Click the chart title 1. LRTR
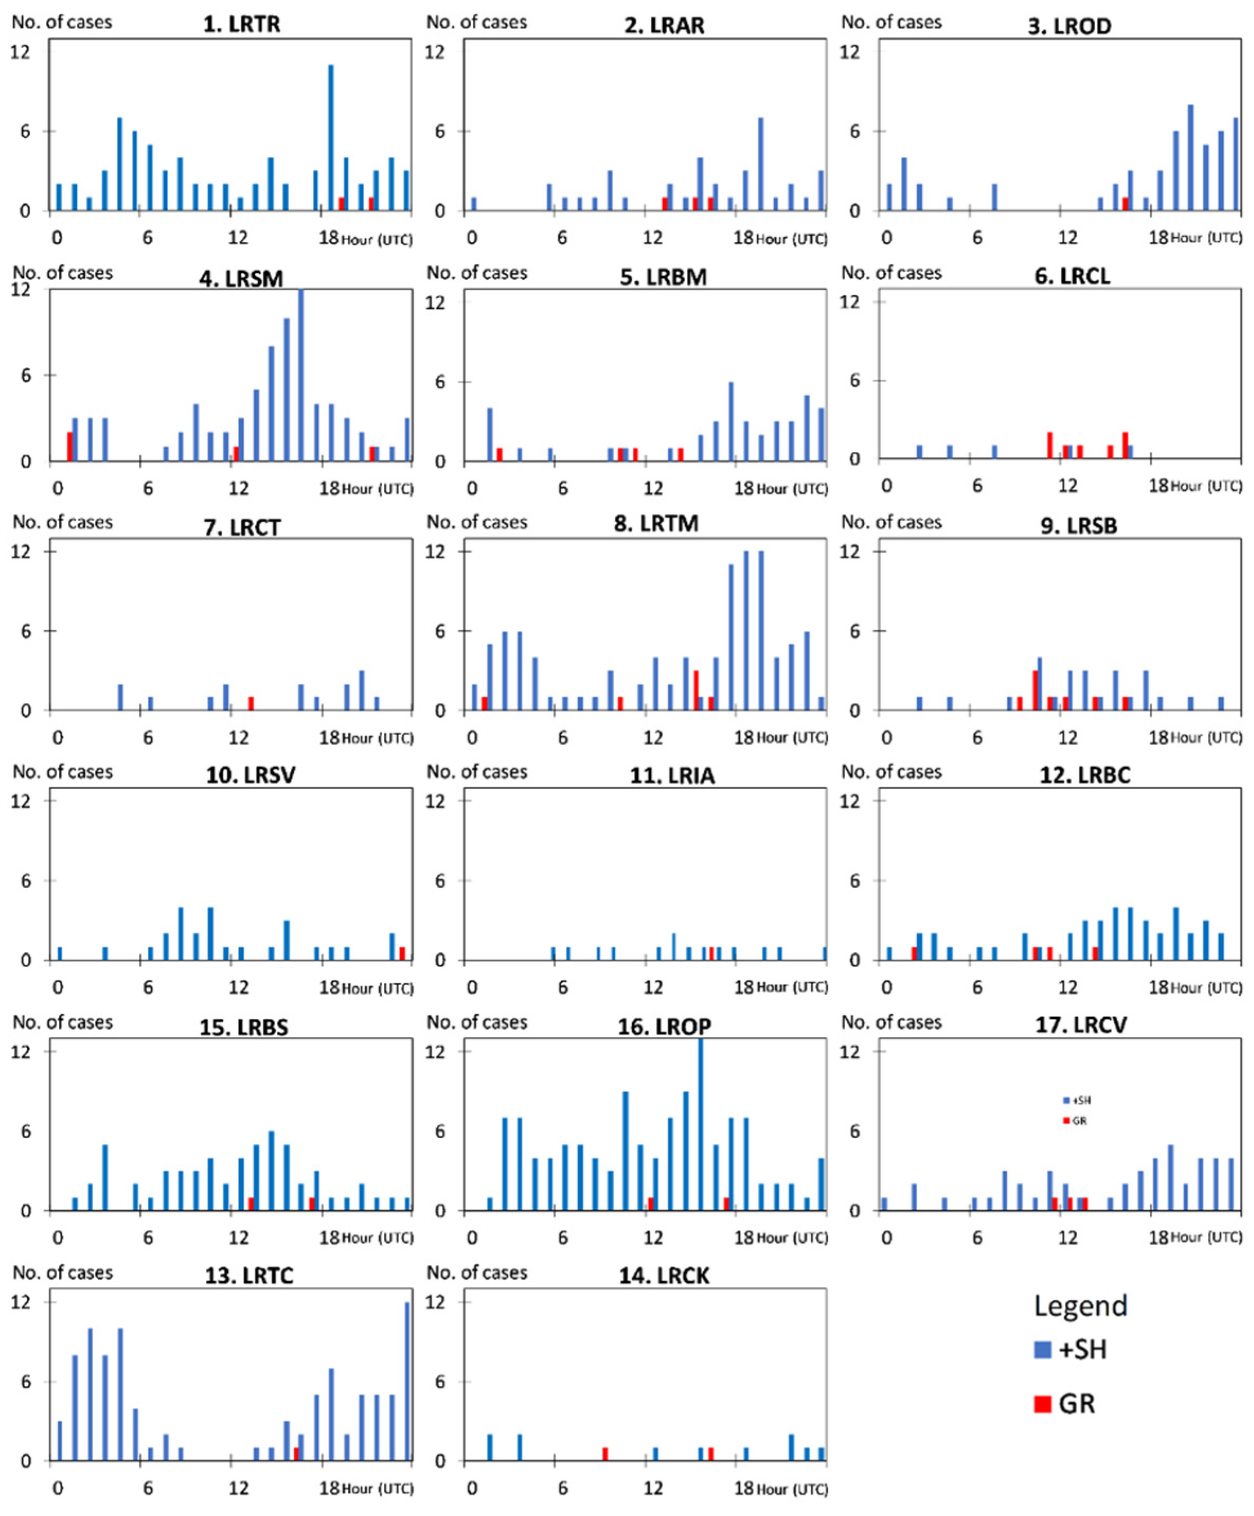pyautogui.click(x=241, y=24)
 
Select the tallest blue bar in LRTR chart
pyautogui.click(x=331, y=137)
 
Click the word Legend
pyautogui.click(x=1080, y=1305)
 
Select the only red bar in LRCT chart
pyautogui.click(x=250, y=703)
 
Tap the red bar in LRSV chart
pyautogui.click(x=402, y=953)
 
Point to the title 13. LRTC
pyautogui.click(x=249, y=1276)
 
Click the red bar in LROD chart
pyautogui.click(x=1125, y=204)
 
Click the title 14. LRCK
pyautogui.click(x=664, y=1276)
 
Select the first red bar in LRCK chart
pyautogui.click(x=605, y=1454)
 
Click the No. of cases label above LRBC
pyautogui.click(x=891, y=772)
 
